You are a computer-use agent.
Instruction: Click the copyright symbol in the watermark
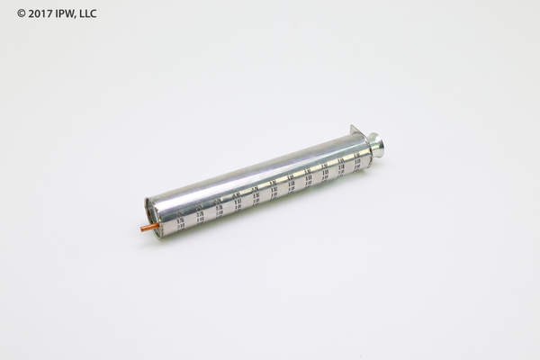click(x=21, y=13)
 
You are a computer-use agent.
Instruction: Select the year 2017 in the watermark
click(x=40, y=13)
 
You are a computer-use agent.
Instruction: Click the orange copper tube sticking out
click(x=149, y=228)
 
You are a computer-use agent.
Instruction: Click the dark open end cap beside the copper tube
click(x=150, y=216)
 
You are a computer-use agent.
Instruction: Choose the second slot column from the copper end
click(x=200, y=214)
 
